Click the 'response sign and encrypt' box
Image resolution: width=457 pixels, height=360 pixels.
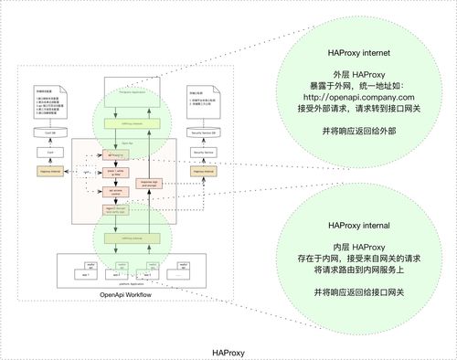pos(152,183)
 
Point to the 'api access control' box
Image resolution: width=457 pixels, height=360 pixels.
pos(116,192)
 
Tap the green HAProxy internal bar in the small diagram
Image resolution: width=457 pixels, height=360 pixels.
pos(133,235)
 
